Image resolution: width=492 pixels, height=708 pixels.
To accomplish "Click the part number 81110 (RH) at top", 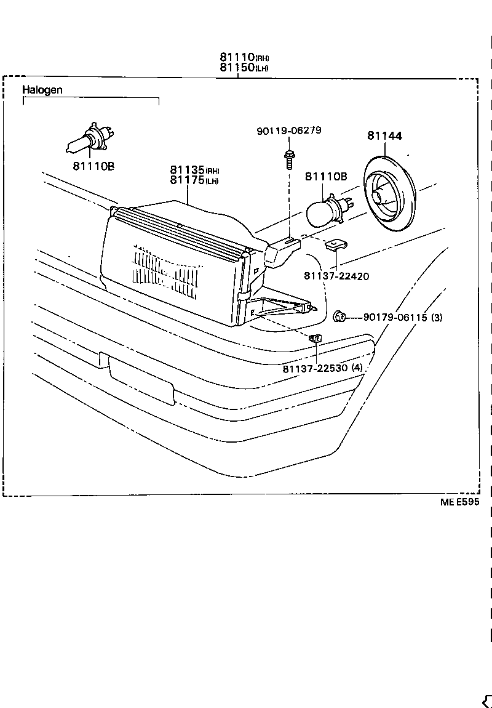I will tap(244, 58).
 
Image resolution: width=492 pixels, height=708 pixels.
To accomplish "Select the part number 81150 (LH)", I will tap(244, 68).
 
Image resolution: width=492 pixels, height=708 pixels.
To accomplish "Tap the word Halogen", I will tap(42, 90).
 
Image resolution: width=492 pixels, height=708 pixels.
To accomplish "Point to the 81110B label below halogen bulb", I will tap(93, 166).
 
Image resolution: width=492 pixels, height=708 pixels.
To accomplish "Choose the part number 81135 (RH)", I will tap(194, 170).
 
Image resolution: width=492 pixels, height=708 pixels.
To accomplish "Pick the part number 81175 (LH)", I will tap(194, 180).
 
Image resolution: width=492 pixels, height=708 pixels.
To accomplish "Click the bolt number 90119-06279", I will tap(288, 131).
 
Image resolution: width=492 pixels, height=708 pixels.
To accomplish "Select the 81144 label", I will tap(385, 135).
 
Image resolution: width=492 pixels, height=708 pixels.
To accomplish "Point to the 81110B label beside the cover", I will tap(326, 177).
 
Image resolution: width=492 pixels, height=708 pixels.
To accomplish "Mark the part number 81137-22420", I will tap(336, 276).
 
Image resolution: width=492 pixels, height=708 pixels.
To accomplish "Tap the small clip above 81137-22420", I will tap(335, 246).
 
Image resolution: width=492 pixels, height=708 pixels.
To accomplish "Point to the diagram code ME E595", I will tap(459, 502).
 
